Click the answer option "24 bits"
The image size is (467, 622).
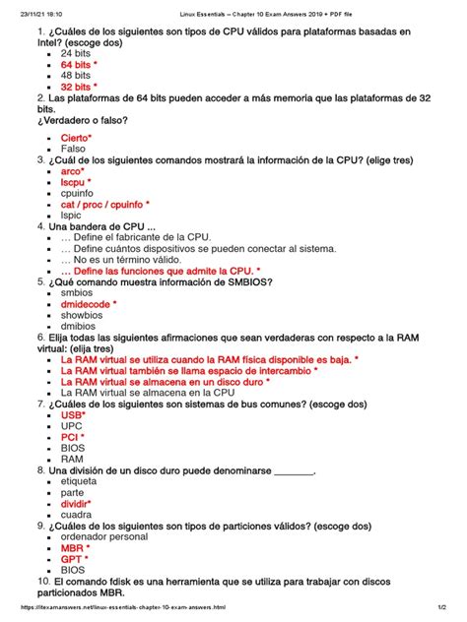(75, 52)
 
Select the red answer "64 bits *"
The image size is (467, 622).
(79, 64)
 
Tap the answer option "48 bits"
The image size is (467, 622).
(75, 75)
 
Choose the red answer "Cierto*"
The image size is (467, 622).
(76, 137)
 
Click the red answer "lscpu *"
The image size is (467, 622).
(76, 182)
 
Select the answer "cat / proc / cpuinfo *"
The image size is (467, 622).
(104, 205)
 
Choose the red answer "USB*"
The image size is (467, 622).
(73, 415)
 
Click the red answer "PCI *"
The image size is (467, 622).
(72, 437)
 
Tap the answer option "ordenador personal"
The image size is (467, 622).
(103, 537)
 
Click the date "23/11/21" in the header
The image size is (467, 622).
(19, 7)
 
